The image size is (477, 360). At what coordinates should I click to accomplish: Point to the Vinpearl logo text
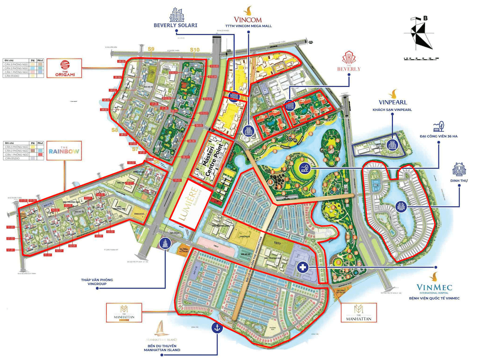(x=394, y=102)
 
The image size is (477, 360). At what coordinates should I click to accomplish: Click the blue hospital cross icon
(x=303, y=268)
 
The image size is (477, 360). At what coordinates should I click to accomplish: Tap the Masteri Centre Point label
(x=211, y=159)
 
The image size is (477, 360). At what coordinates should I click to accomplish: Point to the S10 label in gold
(x=194, y=50)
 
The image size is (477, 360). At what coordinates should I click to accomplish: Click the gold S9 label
(x=151, y=49)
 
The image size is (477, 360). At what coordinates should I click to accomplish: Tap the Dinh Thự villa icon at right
(x=458, y=170)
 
